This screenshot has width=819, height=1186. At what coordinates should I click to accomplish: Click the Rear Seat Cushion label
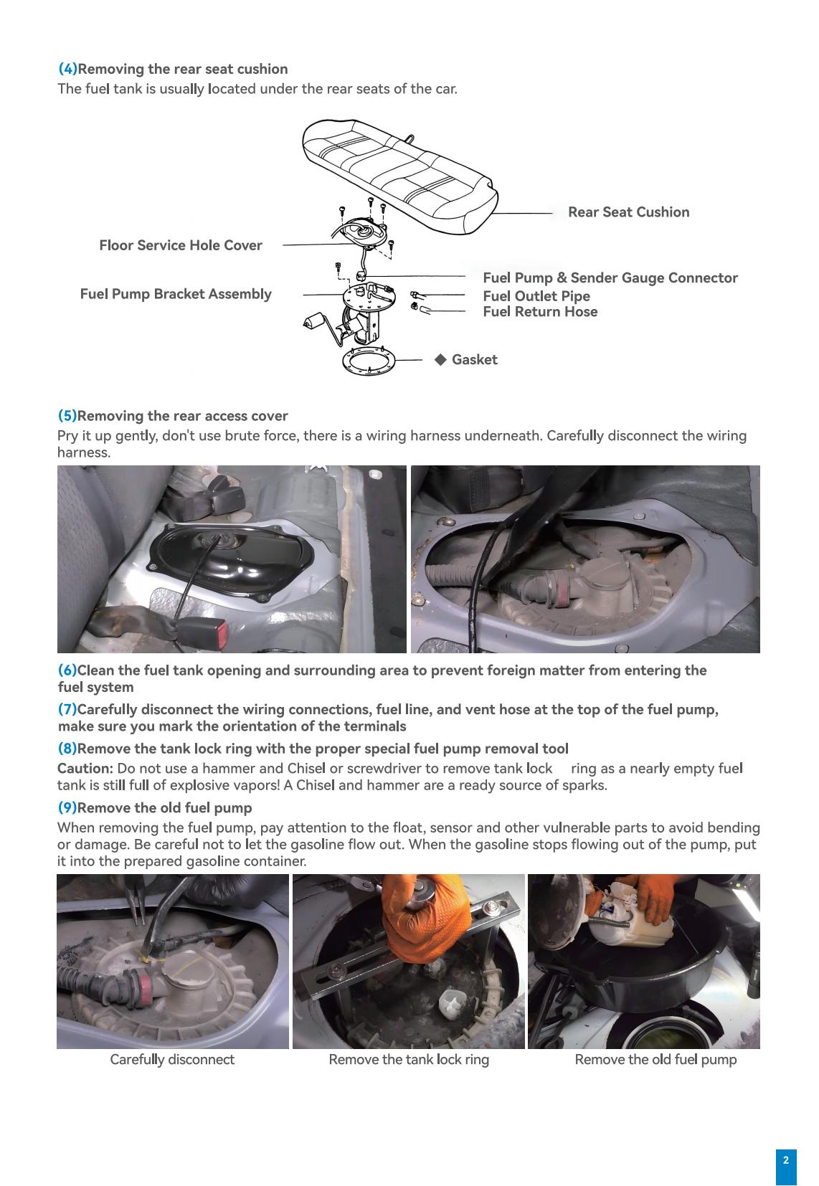point(628,212)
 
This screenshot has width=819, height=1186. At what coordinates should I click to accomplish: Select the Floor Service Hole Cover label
point(181,245)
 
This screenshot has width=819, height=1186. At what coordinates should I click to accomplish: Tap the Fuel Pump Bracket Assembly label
point(176,294)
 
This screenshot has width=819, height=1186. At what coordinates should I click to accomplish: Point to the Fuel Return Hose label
point(540,312)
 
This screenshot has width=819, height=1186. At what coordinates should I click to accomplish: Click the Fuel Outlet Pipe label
point(536,296)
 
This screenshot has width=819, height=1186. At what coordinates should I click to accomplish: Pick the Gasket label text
point(474,360)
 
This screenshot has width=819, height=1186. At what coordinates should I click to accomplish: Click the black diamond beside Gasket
point(440,359)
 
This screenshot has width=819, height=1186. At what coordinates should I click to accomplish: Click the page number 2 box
point(785,1161)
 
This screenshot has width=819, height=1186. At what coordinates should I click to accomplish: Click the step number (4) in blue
point(67,70)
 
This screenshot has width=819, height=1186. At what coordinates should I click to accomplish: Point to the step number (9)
point(67,808)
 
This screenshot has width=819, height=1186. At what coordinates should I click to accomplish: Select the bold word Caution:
point(85,769)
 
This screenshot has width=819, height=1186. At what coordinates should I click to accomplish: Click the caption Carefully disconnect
point(172,1060)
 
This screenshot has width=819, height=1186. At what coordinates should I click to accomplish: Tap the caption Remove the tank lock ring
point(409,1060)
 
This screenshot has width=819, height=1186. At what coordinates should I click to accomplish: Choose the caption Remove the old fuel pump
point(655,1060)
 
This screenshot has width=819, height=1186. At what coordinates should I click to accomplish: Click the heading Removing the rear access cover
point(182,417)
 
